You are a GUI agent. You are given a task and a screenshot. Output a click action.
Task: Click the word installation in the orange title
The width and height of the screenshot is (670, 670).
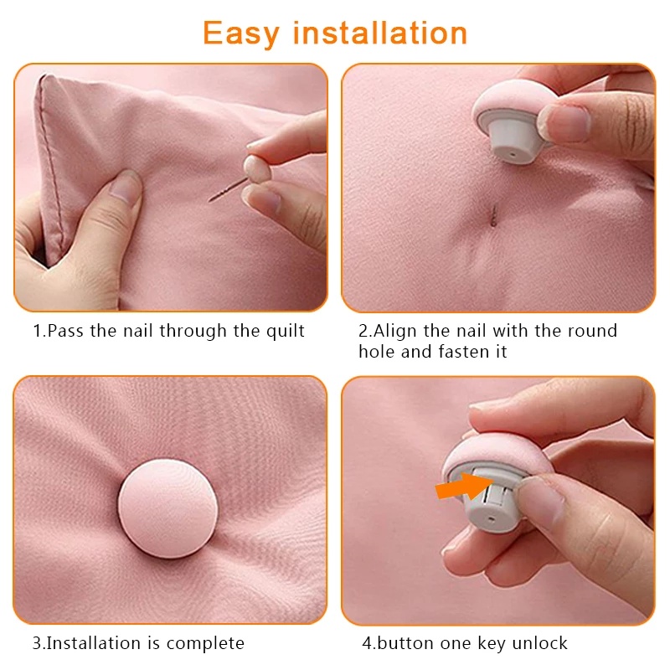pyautogui.click(x=380, y=33)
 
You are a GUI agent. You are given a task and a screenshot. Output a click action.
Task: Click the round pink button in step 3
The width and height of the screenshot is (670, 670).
pyautogui.click(x=168, y=508)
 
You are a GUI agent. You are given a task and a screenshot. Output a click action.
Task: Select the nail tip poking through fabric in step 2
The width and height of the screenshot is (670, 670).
pyautogui.click(x=494, y=215)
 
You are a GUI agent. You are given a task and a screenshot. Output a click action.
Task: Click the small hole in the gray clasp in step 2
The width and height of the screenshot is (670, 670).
pyautogui.click(x=513, y=152)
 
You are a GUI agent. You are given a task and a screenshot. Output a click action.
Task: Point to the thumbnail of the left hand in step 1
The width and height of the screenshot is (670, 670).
pyautogui.click(x=126, y=186)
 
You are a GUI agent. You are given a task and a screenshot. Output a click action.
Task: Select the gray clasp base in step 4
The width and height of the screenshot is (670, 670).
pyautogui.click(x=492, y=500)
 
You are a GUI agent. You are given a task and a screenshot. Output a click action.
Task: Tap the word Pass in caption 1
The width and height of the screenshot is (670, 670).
pyautogui.click(x=65, y=331)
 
